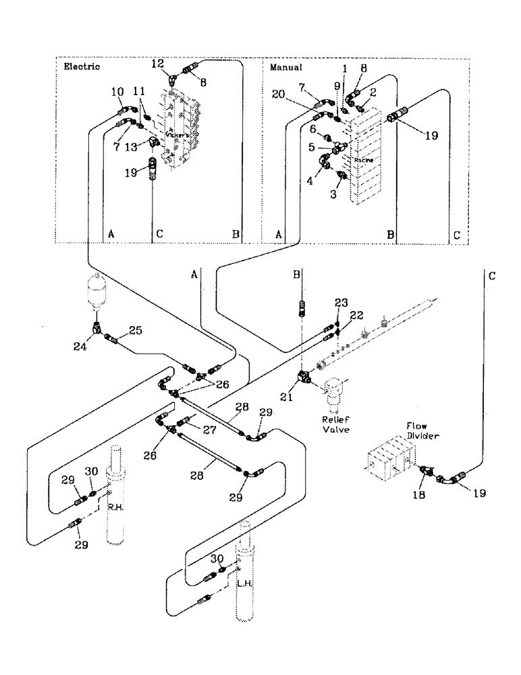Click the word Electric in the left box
[81, 67]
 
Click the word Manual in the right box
[285, 67]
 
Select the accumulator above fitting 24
[99, 290]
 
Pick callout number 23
[341, 303]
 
